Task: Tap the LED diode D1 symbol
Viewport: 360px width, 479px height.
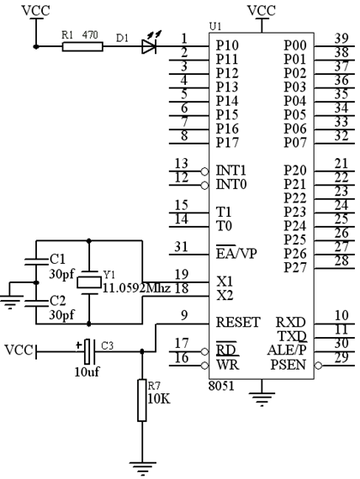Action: tap(149, 46)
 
